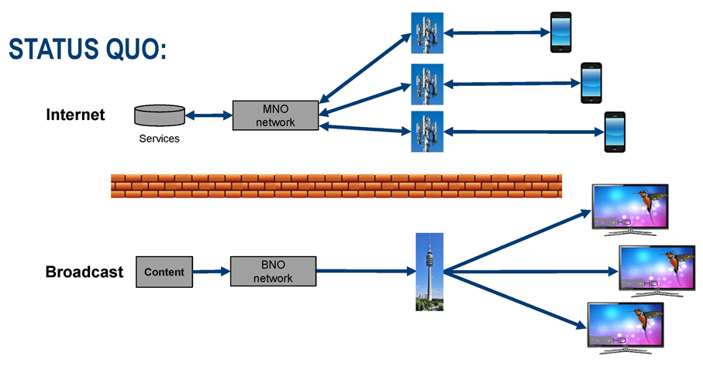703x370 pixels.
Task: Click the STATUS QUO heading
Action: click(88, 50)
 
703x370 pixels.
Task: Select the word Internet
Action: click(75, 115)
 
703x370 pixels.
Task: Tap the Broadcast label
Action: click(84, 272)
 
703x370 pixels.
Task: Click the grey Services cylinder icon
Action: click(160, 115)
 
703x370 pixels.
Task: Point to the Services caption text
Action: click(159, 139)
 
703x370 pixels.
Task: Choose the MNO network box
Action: click(275, 115)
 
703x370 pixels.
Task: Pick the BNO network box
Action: click(274, 272)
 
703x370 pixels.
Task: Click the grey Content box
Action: click(164, 272)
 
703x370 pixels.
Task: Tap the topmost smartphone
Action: click(560, 33)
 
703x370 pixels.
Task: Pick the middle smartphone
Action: click(591, 82)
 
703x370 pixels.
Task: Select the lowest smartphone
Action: click(615, 132)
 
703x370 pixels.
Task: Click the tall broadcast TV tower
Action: click(429, 272)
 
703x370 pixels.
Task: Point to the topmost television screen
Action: click(629, 207)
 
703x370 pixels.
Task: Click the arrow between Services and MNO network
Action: click(208, 116)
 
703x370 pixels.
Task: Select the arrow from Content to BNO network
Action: click(212, 272)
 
